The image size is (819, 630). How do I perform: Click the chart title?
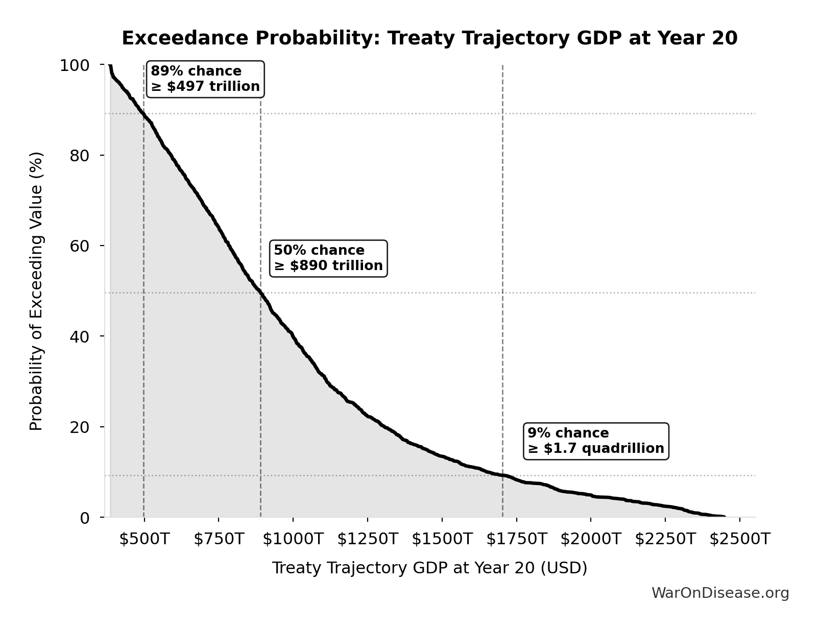click(x=429, y=38)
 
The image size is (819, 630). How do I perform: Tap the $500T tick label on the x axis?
click(x=144, y=539)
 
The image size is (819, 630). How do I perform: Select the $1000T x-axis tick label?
click(x=293, y=539)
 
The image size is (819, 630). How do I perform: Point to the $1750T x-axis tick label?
click(x=516, y=539)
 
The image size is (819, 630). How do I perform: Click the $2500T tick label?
click(x=739, y=539)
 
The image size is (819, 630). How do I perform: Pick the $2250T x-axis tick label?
click(x=665, y=539)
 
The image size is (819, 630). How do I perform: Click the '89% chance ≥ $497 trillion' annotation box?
click(x=205, y=79)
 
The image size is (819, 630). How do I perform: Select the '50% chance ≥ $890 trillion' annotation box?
click(x=328, y=258)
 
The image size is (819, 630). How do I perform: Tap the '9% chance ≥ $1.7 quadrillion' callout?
click(x=596, y=441)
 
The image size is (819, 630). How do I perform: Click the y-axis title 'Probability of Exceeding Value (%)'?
click(x=36, y=291)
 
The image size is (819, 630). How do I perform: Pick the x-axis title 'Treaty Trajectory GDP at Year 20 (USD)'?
click(x=429, y=568)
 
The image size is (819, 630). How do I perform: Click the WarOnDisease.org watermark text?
click(x=720, y=593)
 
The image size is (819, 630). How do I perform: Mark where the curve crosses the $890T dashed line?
click(x=260, y=293)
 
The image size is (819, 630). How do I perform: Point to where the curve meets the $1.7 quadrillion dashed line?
click(x=502, y=475)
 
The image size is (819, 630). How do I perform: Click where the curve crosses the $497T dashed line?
click(x=143, y=113)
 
